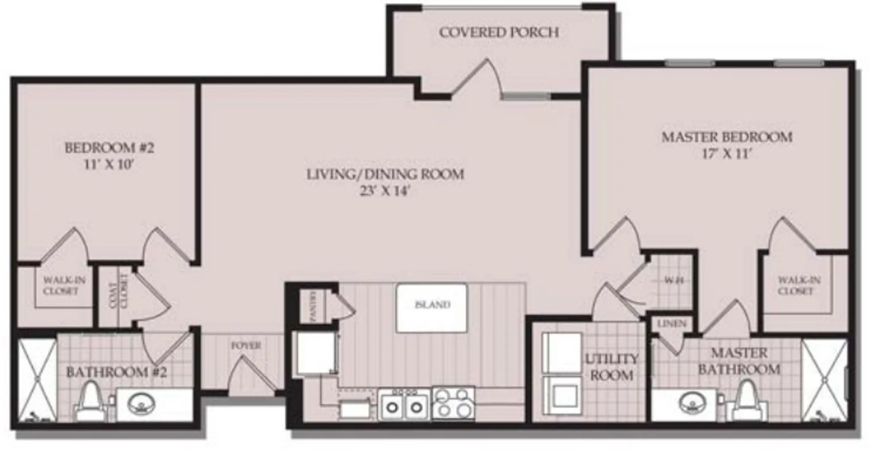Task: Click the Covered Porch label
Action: (x=499, y=33)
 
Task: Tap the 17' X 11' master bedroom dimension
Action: (x=727, y=154)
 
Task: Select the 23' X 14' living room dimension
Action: (x=385, y=191)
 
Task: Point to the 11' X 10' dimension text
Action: (x=109, y=165)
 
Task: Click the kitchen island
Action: (x=432, y=308)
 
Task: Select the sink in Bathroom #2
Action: (x=141, y=405)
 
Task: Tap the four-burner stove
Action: (x=453, y=403)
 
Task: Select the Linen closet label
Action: (x=672, y=324)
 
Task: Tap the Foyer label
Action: (x=246, y=345)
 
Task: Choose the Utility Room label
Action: (x=612, y=367)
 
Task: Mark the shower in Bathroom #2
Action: (x=37, y=379)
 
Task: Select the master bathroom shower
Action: (x=824, y=379)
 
